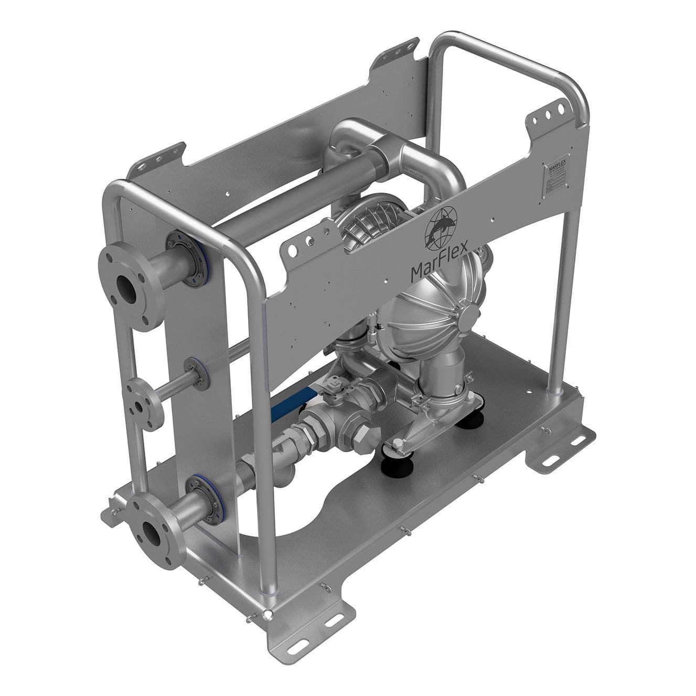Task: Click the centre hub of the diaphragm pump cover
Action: (x=466, y=316)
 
